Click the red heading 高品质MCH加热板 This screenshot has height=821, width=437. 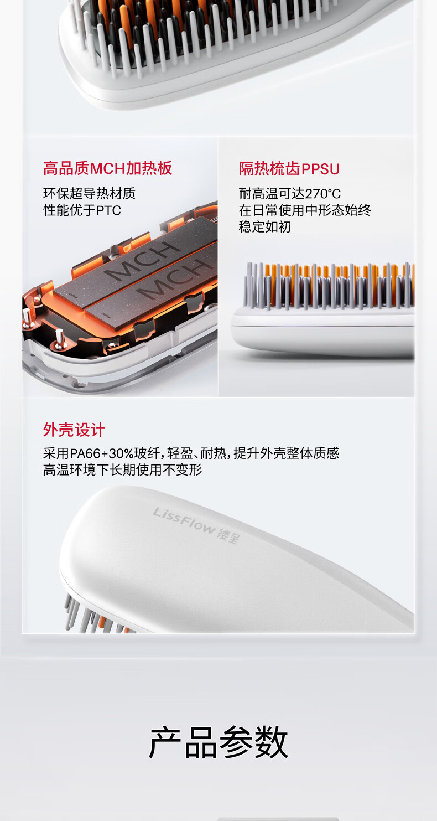pyautogui.click(x=107, y=168)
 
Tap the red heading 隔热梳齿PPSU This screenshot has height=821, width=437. pyautogui.click(x=289, y=169)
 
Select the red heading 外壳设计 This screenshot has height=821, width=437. pyautogui.click(x=74, y=430)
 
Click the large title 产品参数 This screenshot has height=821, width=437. pyautogui.click(x=218, y=743)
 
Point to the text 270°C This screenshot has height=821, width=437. pyautogui.click(x=322, y=194)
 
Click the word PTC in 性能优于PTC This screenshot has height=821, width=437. pyautogui.click(x=109, y=210)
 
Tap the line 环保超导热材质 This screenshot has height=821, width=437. pyautogui.click(x=90, y=194)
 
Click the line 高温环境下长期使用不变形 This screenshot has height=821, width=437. pyautogui.click(x=122, y=470)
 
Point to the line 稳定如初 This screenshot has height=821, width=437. pyautogui.click(x=265, y=227)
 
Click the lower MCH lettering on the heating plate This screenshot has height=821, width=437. pyautogui.click(x=172, y=279)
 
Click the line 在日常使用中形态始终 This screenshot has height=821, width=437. pyautogui.click(x=305, y=210)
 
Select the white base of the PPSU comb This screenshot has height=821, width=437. pyautogui.click(x=323, y=330)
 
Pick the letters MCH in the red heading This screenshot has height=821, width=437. pyautogui.click(x=108, y=169)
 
